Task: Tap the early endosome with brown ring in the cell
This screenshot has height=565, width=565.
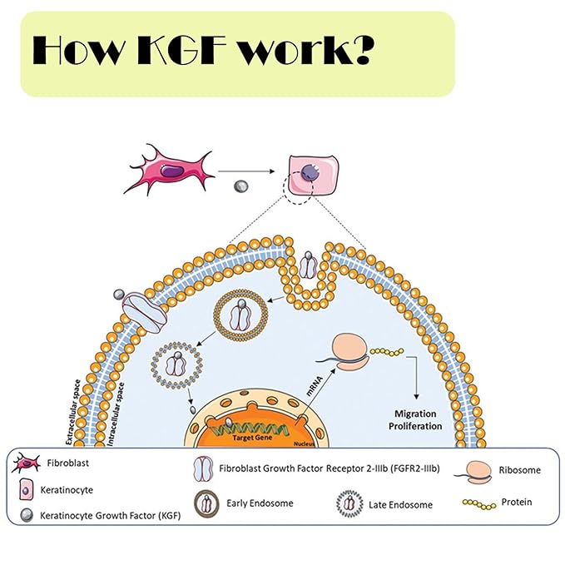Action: click(242, 316)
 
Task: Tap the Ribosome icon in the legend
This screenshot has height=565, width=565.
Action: click(475, 471)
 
